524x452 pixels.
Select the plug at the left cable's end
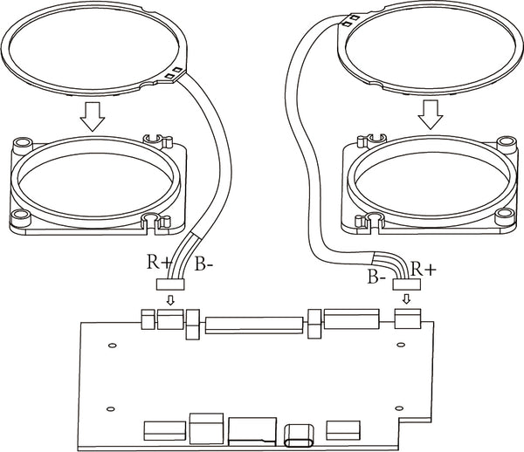(x=170, y=283)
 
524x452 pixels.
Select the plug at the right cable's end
(x=407, y=284)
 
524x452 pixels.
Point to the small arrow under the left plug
(x=170, y=300)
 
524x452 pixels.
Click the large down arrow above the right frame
(x=428, y=111)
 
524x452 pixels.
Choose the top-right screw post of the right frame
(x=504, y=142)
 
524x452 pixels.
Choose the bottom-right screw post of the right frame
(x=502, y=215)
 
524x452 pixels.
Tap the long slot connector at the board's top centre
(x=254, y=327)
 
